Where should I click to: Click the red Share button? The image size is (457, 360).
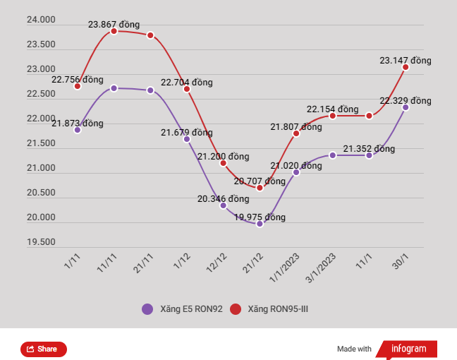coord(43,349)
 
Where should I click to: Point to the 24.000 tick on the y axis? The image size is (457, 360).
coord(41,20)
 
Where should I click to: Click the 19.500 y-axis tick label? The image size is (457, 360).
coord(41,242)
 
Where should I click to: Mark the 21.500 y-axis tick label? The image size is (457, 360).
coord(41,143)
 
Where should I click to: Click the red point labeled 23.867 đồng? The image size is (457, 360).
coord(114,31)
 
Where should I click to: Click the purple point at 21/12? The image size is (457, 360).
coord(260,224)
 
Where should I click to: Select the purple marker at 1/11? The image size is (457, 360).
coord(78,130)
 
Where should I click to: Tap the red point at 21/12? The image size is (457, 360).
coord(260,188)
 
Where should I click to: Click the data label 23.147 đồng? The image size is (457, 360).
coord(405,61)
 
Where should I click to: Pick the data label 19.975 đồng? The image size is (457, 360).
coord(260,217)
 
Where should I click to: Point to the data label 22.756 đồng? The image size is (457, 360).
coord(78,79)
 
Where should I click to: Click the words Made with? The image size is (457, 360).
coord(354,349)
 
